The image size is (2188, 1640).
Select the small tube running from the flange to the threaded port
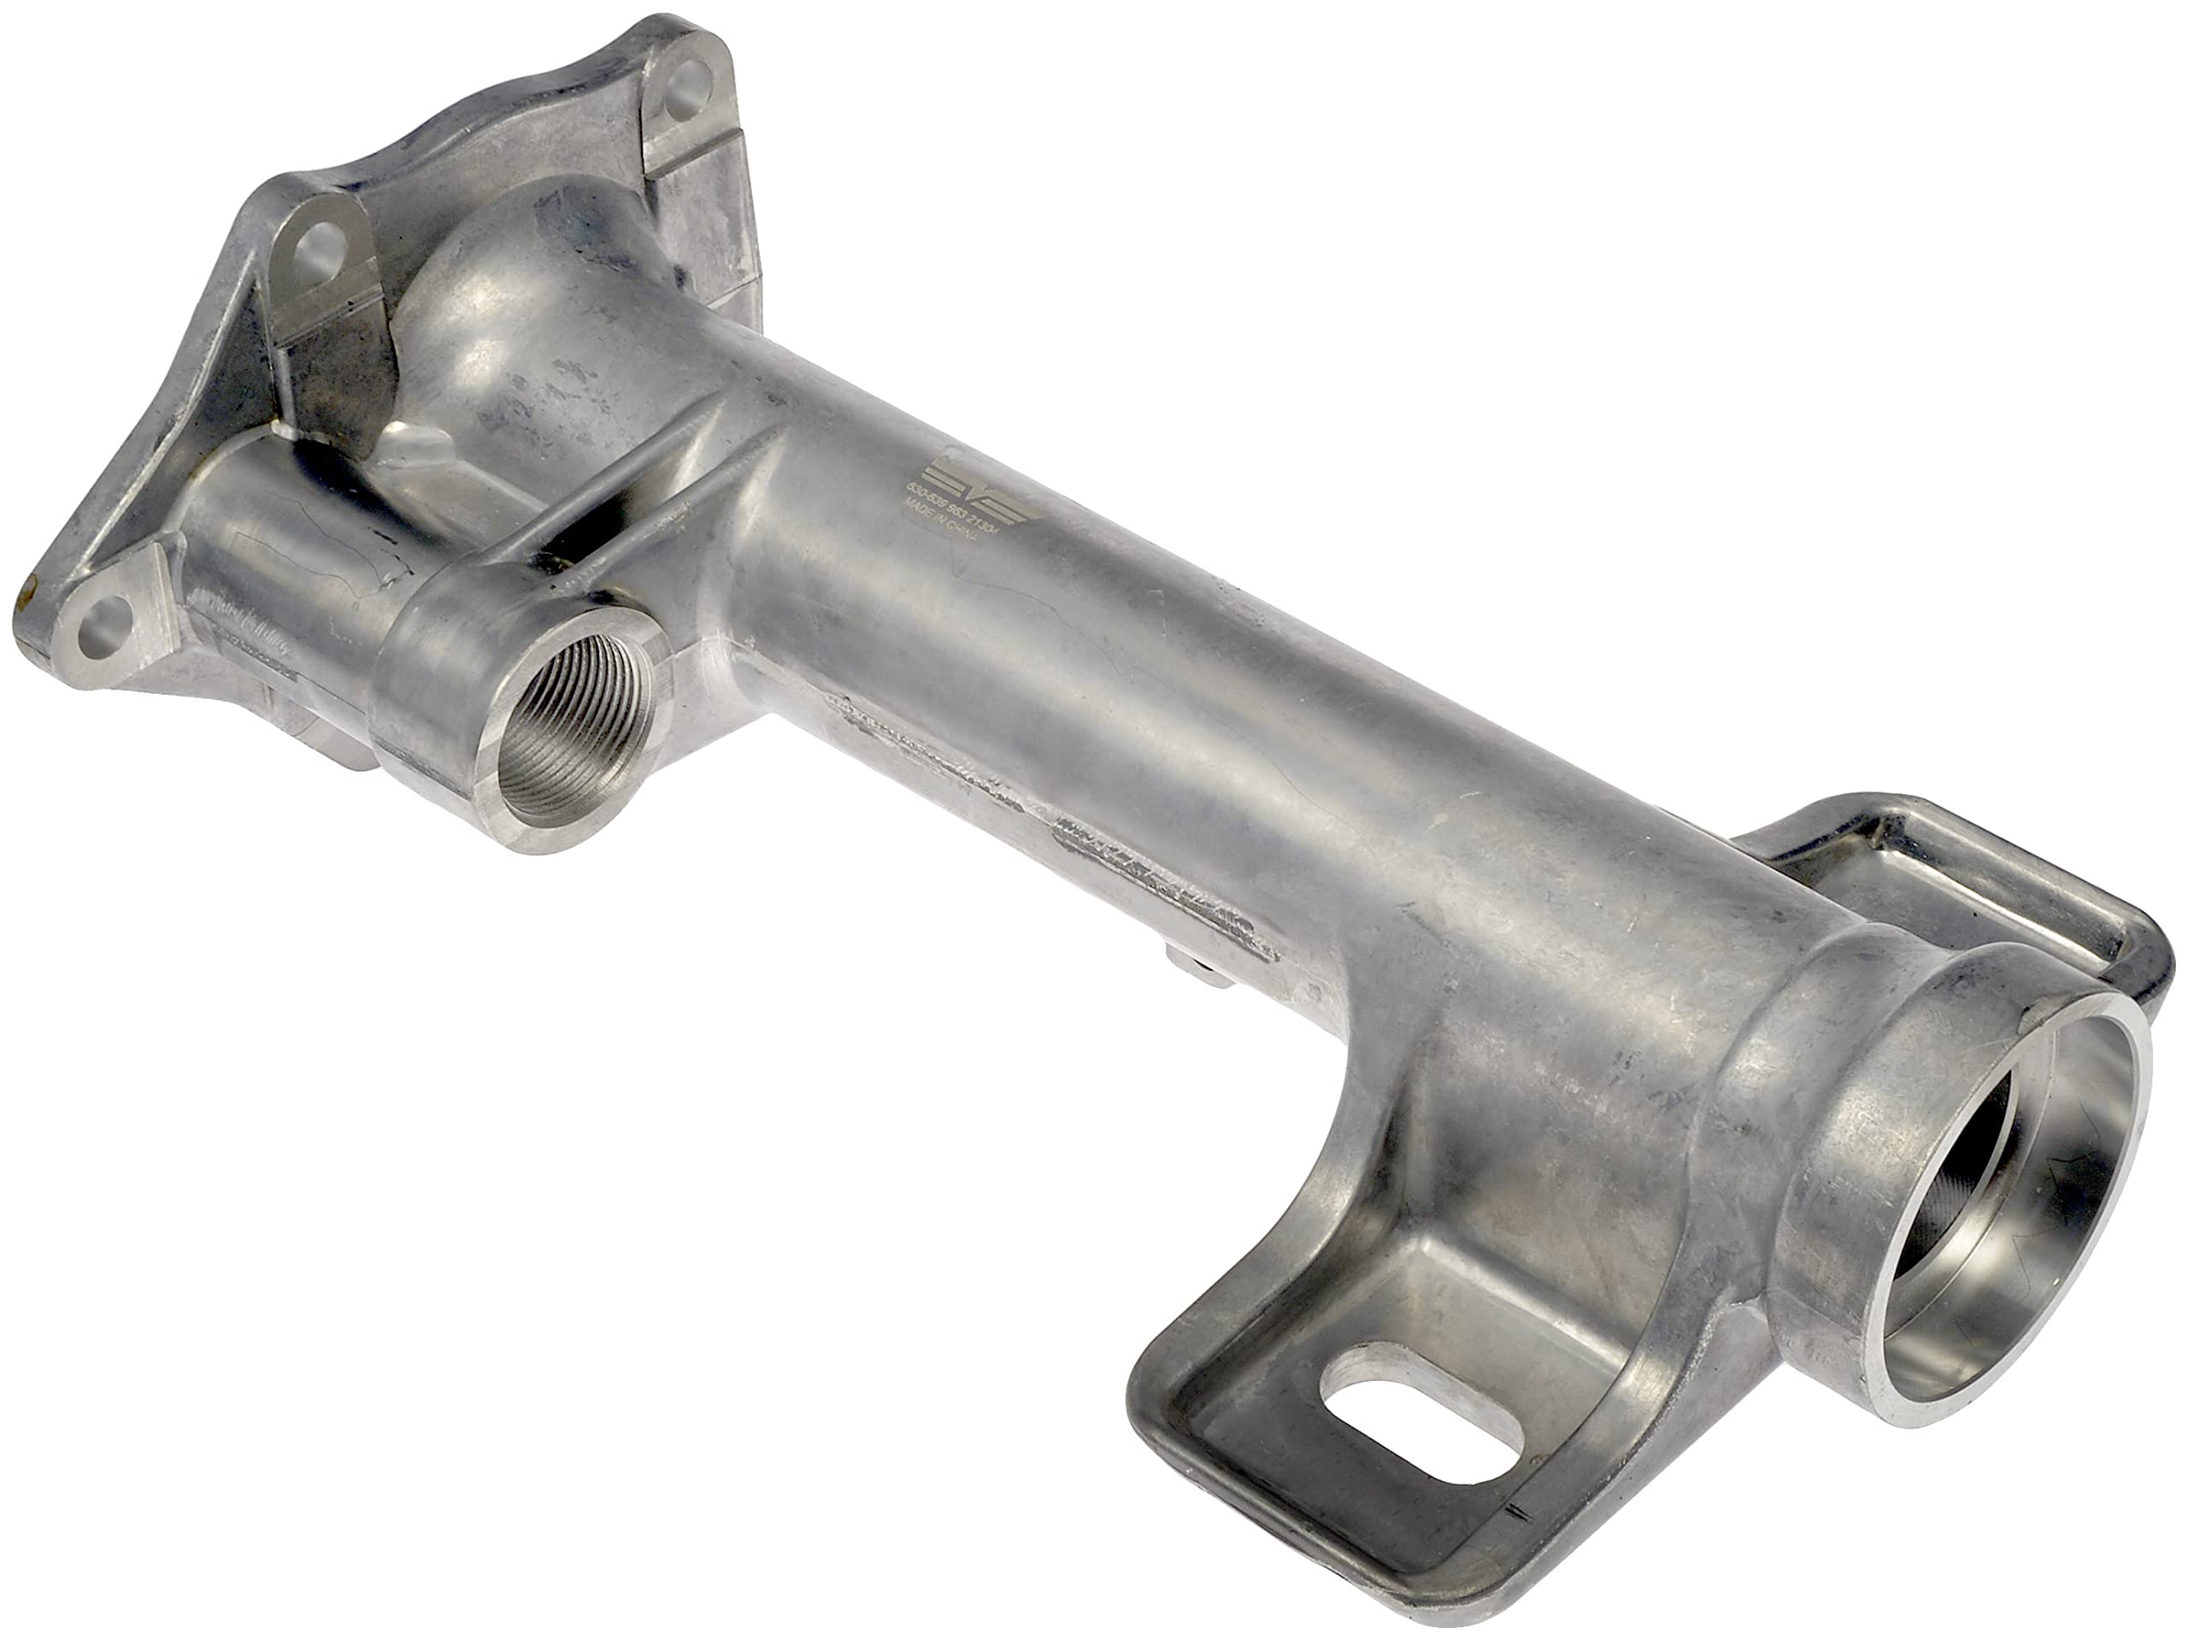287,554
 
